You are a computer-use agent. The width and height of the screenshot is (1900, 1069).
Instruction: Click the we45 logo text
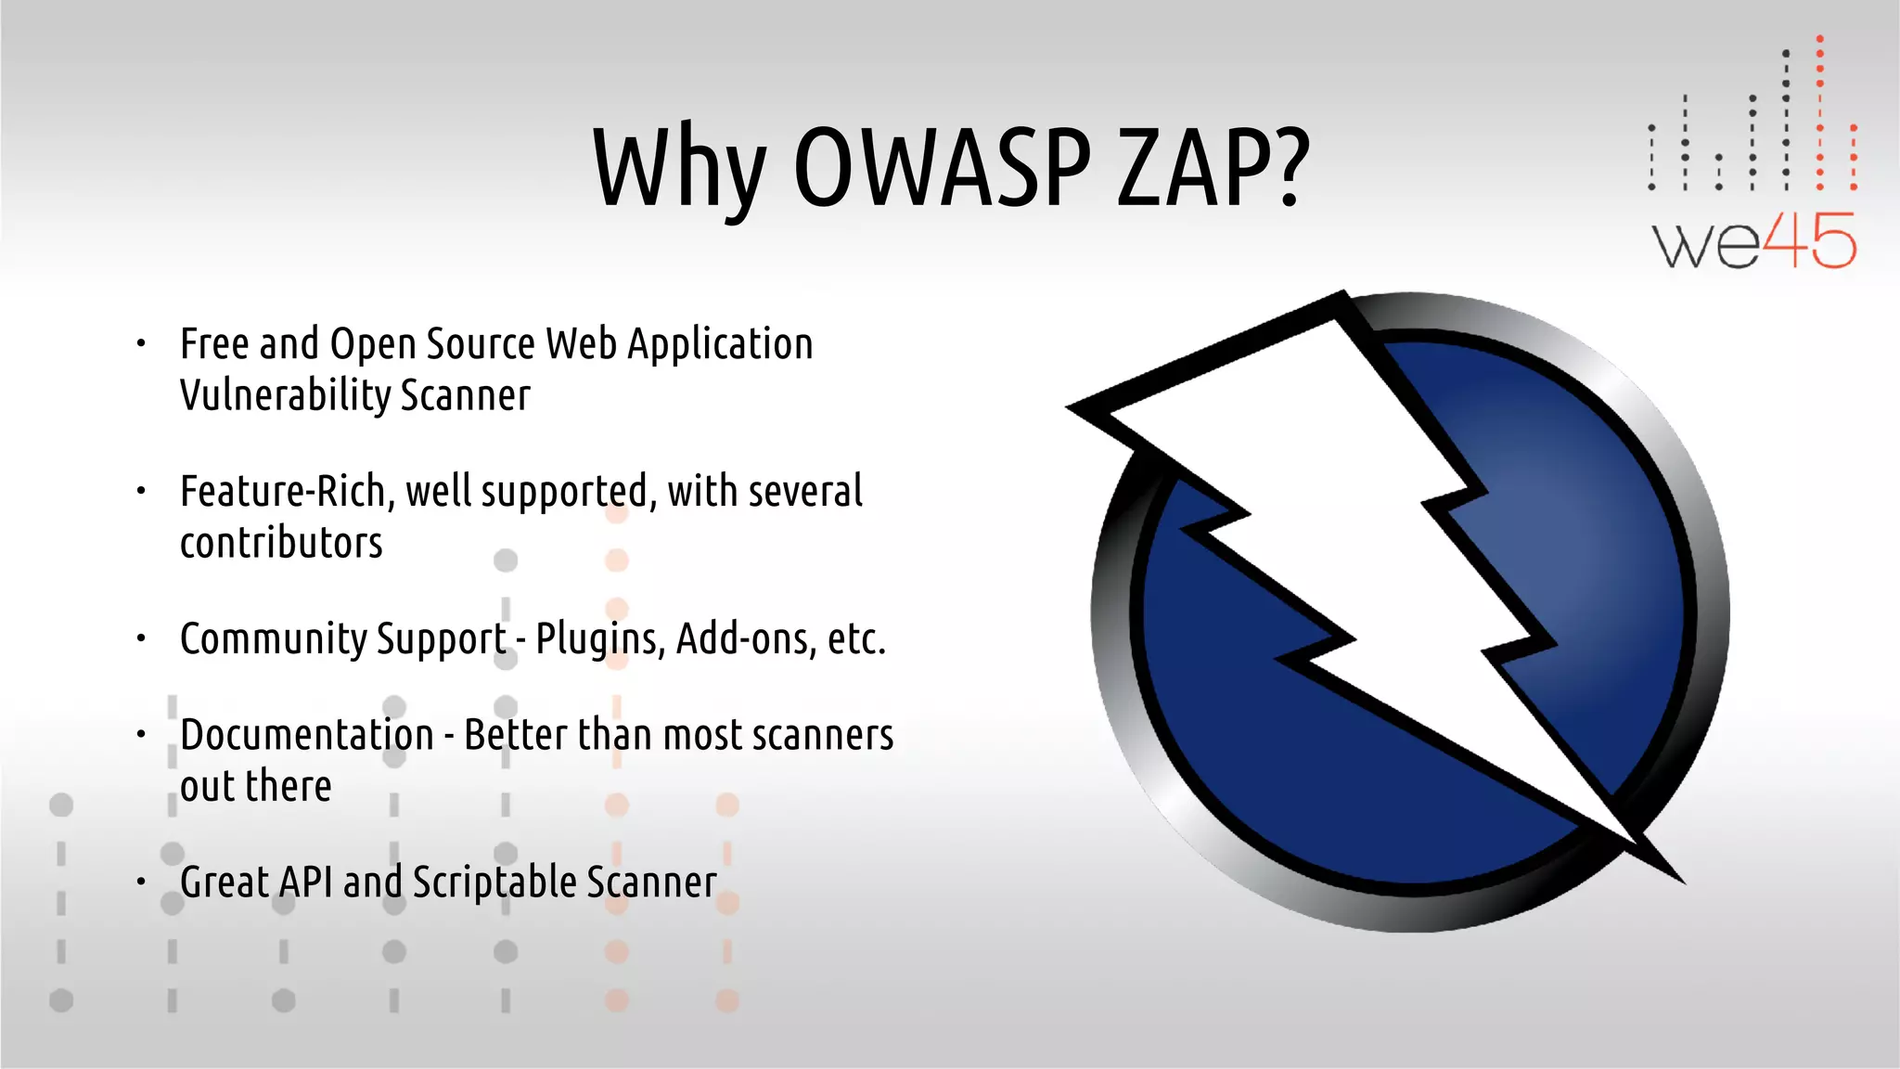(x=1753, y=242)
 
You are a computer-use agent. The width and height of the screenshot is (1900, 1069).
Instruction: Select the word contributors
(x=281, y=543)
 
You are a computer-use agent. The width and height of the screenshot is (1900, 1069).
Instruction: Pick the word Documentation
(x=307, y=736)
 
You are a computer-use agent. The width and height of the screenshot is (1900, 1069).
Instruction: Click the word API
(x=305, y=882)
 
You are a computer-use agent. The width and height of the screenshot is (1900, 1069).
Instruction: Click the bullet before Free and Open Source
(x=141, y=344)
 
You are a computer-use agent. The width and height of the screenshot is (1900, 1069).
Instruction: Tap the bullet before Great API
(x=141, y=882)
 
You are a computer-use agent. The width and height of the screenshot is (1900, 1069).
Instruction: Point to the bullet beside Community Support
(x=141, y=638)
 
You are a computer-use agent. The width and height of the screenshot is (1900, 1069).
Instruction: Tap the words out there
(x=255, y=787)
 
